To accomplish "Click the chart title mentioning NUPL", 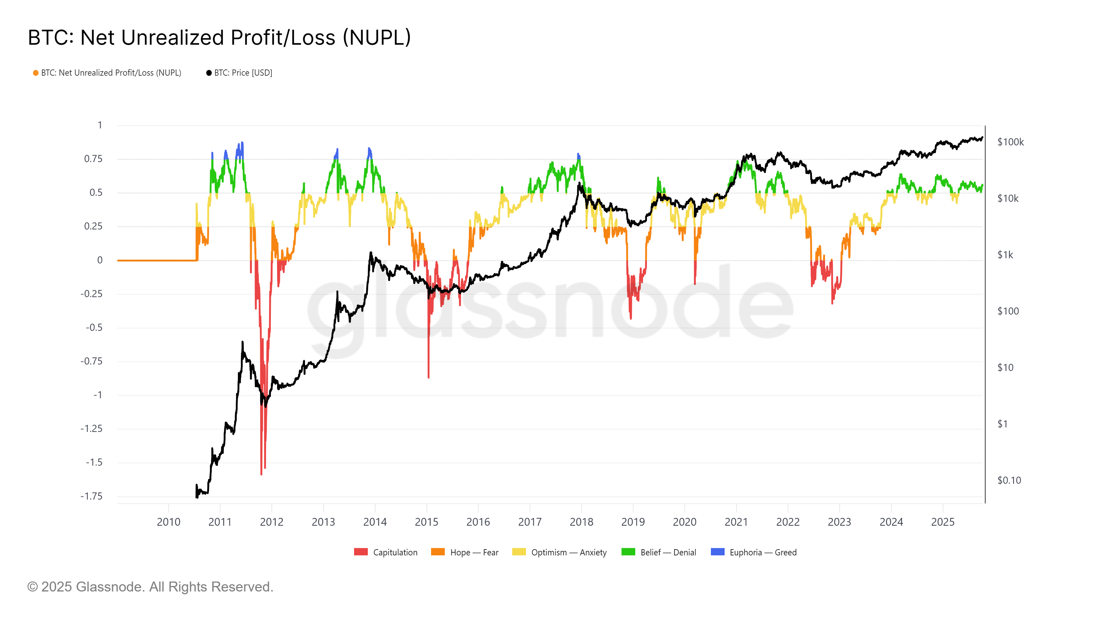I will pos(219,37).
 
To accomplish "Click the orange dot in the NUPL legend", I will pos(36,73).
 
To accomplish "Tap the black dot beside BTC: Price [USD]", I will pos(209,73).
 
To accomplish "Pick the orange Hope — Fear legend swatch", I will pos(438,552).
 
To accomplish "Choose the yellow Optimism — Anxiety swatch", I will pos(519,552).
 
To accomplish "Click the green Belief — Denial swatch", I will pos(628,552).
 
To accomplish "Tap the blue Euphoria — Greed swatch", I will pos(717,552).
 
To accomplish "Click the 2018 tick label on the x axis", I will pos(581,522).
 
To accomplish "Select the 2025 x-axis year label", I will pos(943,522).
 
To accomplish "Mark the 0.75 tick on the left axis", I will pos(93,159).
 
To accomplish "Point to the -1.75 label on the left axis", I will pos(91,496).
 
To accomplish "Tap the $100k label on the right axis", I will pos(1010,142).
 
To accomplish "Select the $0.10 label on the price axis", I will pos(1009,480).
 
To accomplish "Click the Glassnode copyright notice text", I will pos(150,587).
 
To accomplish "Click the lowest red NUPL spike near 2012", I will pos(261,473).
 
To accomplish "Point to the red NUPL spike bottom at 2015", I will pos(428,377).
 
